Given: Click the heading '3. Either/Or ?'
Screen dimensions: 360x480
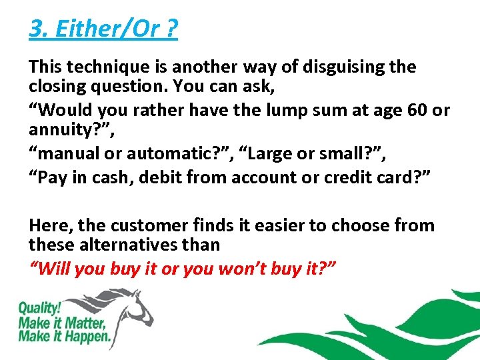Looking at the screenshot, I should point(103,29).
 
